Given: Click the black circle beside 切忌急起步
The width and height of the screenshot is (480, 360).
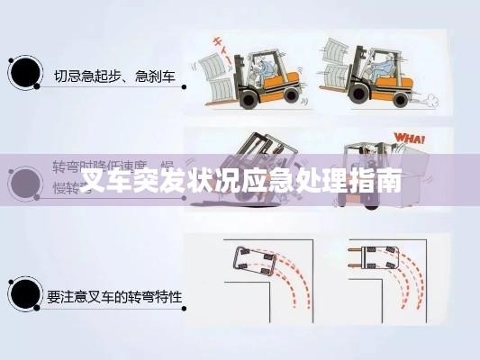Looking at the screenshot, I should click(x=24, y=74).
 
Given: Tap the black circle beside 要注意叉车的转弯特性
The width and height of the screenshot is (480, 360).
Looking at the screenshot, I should click(x=24, y=293).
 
